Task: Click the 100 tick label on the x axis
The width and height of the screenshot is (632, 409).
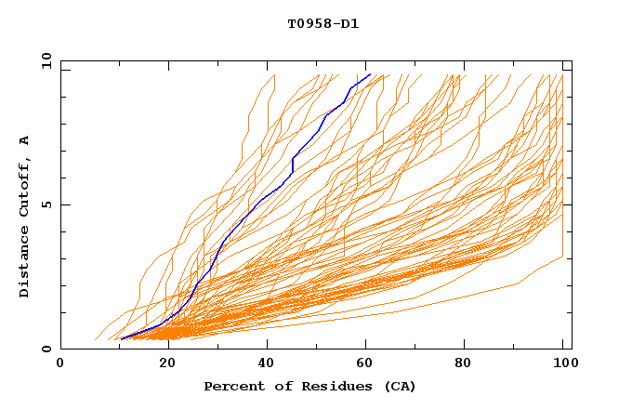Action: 563,363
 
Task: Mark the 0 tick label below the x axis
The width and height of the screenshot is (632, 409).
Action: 60,363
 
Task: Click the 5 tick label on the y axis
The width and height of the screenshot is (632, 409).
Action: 46,204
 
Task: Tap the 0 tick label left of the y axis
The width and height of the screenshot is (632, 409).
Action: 46,349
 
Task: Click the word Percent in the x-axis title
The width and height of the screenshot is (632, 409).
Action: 230,386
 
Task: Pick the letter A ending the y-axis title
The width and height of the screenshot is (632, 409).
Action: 25,140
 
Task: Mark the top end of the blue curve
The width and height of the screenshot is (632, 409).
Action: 370,74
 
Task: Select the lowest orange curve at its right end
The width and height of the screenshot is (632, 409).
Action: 563,257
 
